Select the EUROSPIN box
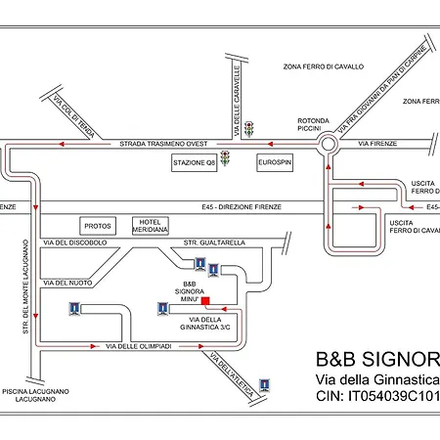(x=276, y=161)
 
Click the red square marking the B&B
(x=205, y=299)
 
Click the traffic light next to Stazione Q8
(x=227, y=158)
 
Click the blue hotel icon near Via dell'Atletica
(x=263, y=383)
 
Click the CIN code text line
(x=377, y=396)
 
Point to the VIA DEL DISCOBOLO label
(x=77, y=242)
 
